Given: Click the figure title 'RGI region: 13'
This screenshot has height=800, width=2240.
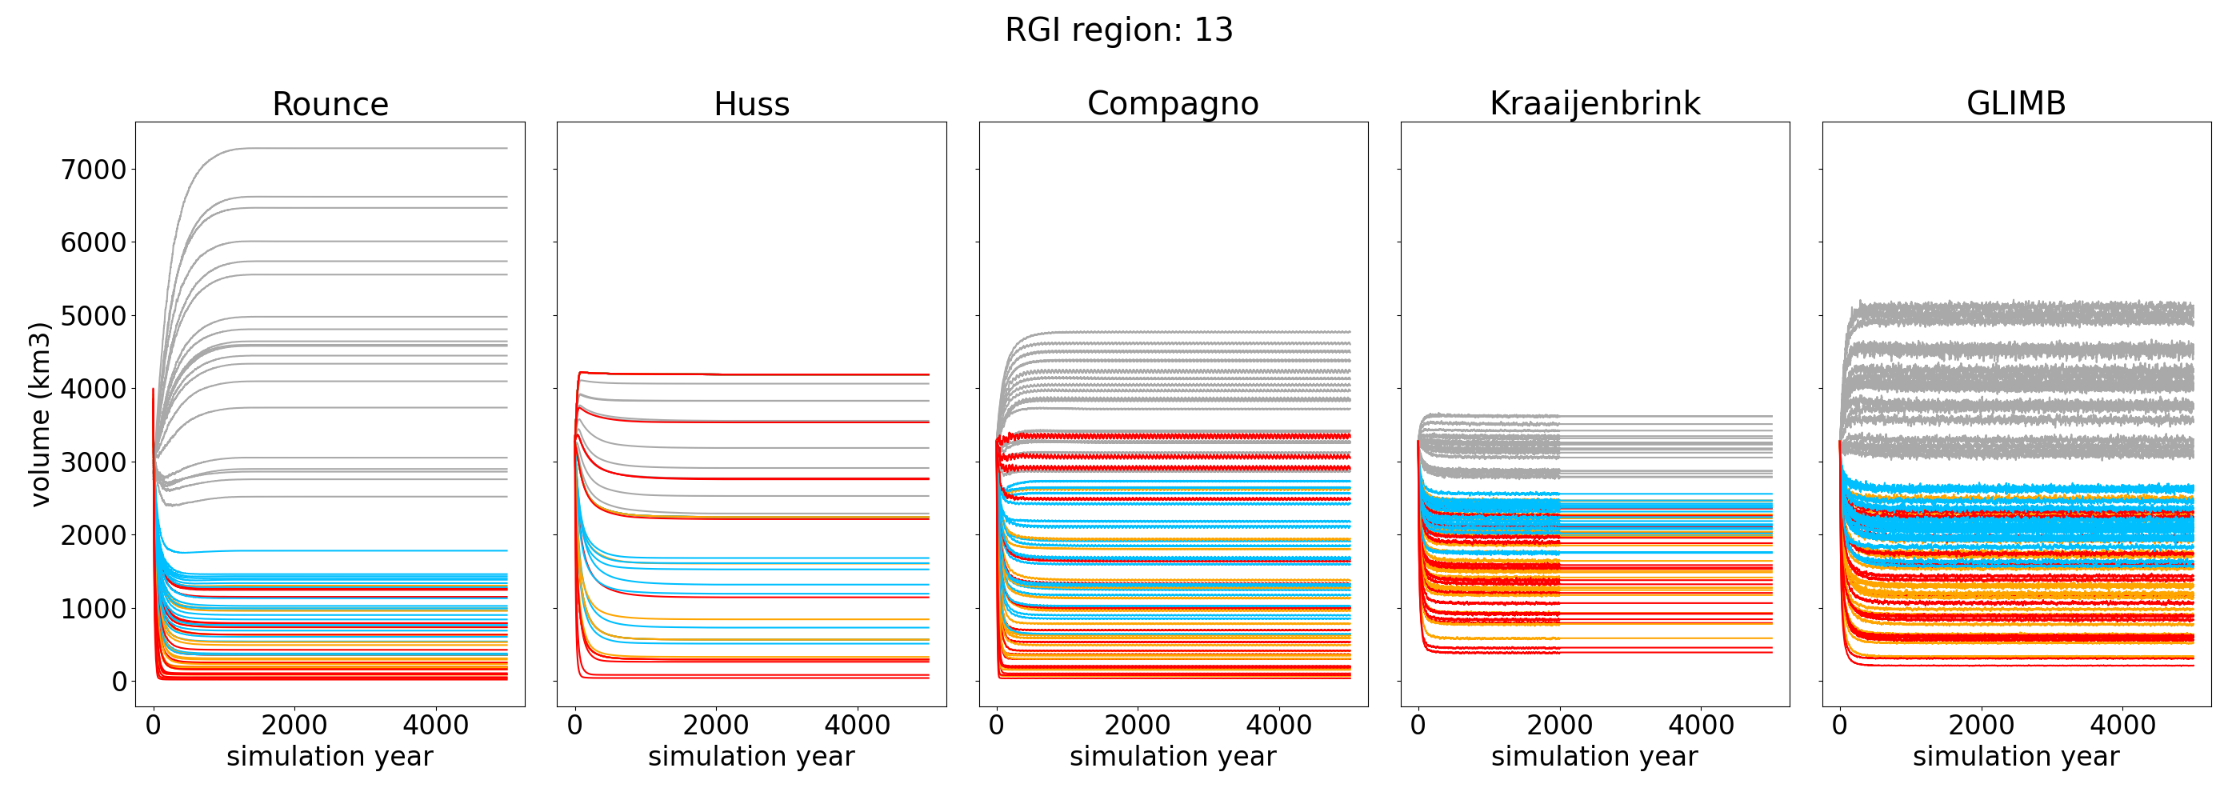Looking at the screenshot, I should pyautogui.click(x=1118, y=30).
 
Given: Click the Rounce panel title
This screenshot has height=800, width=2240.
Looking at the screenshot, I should pyautogui.click(x=330, y=104).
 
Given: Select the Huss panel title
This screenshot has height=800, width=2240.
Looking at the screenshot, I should pyautogui.click(x=751, y=104).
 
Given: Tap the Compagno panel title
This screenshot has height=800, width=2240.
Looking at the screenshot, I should pyautogui.click(x=1172, y=103).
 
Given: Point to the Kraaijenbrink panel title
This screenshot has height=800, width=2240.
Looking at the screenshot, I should pyautogui.click(x=1594, y=103).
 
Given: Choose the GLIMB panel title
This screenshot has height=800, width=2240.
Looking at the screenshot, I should pyautogui.click(x=2016, y=103).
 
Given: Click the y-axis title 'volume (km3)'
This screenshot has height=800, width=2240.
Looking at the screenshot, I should pyautogui.click(x=40, y=414).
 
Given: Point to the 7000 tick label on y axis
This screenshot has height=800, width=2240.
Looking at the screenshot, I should pyautogui.click(x=93, y=170).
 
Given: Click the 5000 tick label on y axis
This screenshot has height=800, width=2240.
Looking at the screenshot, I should pyautogui.click(x=93, y=316).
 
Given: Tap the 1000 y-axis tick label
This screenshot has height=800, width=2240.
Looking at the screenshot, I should pyautogui.click(x=93, y=609).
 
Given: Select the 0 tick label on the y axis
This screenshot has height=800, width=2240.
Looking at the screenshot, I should pyautogui.click(x=119, y=682).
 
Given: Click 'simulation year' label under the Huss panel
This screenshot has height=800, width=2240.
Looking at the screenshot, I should pyautogui.click(x=751, y=757).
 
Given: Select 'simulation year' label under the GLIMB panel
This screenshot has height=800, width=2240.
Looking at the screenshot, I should pyautogui.click(x=2016, y=757).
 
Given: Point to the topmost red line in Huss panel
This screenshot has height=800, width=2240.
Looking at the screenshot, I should pyautogui.click(x=782, y=374).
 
